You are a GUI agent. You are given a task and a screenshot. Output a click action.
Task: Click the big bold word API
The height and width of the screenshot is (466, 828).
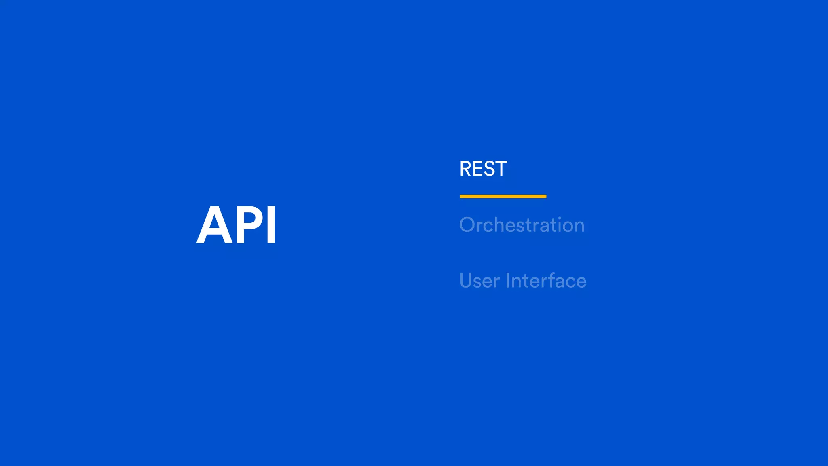tap(237, 225)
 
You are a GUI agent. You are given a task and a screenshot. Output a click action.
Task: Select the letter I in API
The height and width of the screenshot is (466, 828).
tap(272, 225)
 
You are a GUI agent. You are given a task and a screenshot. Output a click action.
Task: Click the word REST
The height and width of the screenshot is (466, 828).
tap(483, 169)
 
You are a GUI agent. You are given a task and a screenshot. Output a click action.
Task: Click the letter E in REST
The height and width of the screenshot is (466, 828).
tap(479, 169)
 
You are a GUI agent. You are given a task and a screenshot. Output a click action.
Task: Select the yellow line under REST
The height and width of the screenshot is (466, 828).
tap(503, 196)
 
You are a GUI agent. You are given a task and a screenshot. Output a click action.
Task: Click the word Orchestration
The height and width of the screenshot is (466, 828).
tap(522, 225)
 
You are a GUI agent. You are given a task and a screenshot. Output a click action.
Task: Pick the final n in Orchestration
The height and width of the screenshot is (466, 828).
tap(579, 226)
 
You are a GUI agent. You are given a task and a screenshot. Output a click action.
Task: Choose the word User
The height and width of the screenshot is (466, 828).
tap(479, 281)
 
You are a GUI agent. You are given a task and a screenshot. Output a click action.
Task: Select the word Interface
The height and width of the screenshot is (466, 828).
tap(546, 281)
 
